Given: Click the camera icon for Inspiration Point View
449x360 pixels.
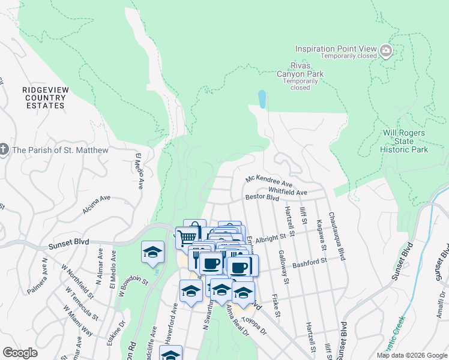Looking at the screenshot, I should click(x=386, y=52).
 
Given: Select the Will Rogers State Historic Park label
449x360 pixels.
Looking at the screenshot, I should click(x=405, y=141).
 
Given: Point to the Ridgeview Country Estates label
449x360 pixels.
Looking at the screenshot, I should click(x=43, y=97).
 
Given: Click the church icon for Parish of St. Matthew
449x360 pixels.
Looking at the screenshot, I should click(x=4, y=149).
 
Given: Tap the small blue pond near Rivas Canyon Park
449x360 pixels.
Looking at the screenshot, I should click(x=262, y=99).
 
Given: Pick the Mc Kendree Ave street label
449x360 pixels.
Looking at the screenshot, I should click(x=269, y=181).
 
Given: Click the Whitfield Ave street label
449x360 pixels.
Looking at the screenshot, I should click(x=288, y=191).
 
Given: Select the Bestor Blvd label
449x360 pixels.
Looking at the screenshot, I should click(x=262, y=197).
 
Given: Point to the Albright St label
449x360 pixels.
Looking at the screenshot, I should click(x=271, y=239).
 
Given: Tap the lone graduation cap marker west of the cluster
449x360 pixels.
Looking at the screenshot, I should click(x=152, y=251).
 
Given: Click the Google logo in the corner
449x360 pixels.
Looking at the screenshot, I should click(x=20, y=353).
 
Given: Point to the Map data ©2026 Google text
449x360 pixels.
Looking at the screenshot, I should click(x=411, y=355).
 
